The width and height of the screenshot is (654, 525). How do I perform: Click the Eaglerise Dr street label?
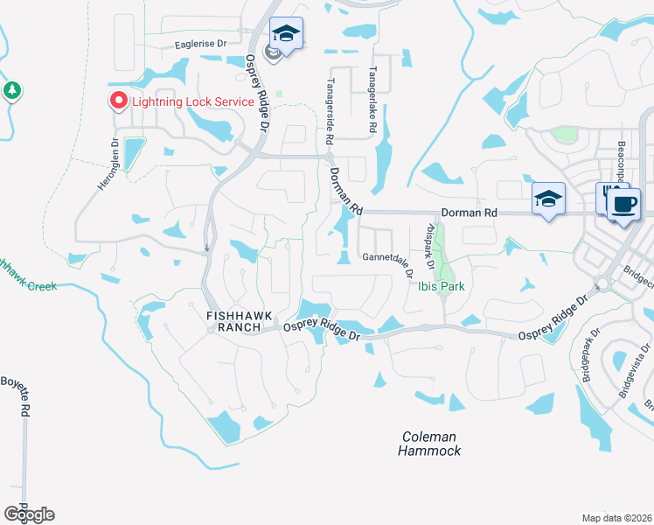click(x=200, y=43)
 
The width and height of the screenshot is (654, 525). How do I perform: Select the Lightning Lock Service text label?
click(x=192, y=101)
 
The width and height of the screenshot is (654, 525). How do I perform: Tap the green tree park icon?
click(x=12, y=90)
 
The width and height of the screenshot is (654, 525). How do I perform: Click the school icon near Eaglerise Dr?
click(x=286, y=34)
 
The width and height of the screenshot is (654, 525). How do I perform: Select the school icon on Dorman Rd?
click(x=547, y=199)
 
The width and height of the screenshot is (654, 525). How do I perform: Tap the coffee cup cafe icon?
click(x=623, y=205)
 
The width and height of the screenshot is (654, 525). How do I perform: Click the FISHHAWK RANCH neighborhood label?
click(x=233, y=320)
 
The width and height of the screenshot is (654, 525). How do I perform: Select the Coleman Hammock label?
click(x=429, y=444)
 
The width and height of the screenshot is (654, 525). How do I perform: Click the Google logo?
click(x=29, y=514)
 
